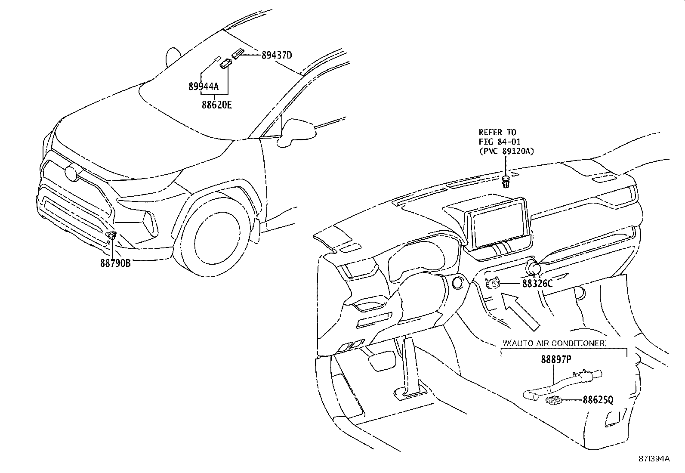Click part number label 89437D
tap(277, 55)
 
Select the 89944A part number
tap(203, 87)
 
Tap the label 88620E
tap(216, 105)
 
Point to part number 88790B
tap(115, 263)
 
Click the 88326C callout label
tap(537, 284)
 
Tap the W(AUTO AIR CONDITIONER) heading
tap(555, 343)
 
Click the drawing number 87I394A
tap(654, 459)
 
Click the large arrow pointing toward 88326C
tap(521, 311)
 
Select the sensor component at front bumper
tap(111, 235)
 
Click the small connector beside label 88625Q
tap(552, 401)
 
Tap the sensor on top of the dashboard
tap(506, 181)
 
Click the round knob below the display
tap(533, 269)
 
